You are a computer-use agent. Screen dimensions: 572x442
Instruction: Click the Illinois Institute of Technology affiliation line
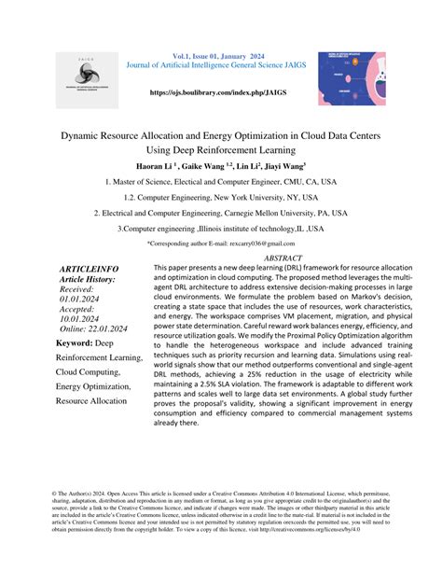point(221,227)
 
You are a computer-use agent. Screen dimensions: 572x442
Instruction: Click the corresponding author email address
point(259,243)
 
